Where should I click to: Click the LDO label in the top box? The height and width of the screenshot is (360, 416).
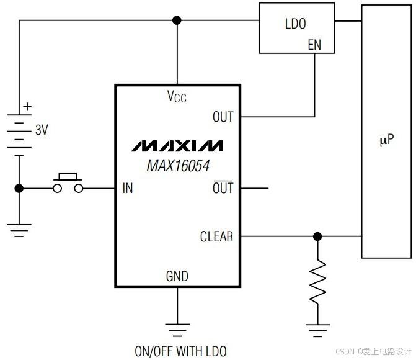pyautogui.click(x=296, y=24)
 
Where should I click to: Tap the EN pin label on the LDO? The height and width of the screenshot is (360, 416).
pyautogui.click(x=314, y=45)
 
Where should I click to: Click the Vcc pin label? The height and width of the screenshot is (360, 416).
pyautogui.click(x=177, y=96)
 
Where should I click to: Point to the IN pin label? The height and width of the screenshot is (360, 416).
pyautogui.click(x=128, y=188)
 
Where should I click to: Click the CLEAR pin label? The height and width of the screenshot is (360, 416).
pyautogui.click(x=217, y=236)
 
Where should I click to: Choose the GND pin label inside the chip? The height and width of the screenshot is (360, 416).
pyautogui.click(x=177, y=276)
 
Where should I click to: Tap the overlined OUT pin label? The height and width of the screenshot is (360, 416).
pyautogui.click(x=223, y=187)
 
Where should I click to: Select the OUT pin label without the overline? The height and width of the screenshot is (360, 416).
pyautogui.click(x=223, y=117)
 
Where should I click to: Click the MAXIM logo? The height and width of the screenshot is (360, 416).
pyautogui.click(x=177, y=146)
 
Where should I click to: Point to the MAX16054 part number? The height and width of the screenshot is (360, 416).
pyautogui.click(x=178, y=166)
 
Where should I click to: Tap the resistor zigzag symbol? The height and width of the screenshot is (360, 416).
pyautogui.click(x=317, y=282)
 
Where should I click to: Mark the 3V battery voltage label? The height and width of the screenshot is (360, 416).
pyautogui.click(x=42, y=130)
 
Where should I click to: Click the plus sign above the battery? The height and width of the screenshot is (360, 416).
pyautogui.click(x=27, y=107)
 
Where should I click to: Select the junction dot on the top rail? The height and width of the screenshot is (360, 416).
pyautogui.click(x=177, y=20)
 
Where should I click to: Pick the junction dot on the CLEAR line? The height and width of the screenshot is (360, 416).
pyautogui.click(x=317, y=236)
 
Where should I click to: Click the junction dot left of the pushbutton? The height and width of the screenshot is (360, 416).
pyautogui.click(x=19, y=188)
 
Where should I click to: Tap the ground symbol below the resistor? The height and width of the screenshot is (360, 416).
pyautogui.click(x=318, y=330)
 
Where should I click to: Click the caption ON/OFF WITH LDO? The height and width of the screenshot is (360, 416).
pyautogui.click(x=180, y=351)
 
